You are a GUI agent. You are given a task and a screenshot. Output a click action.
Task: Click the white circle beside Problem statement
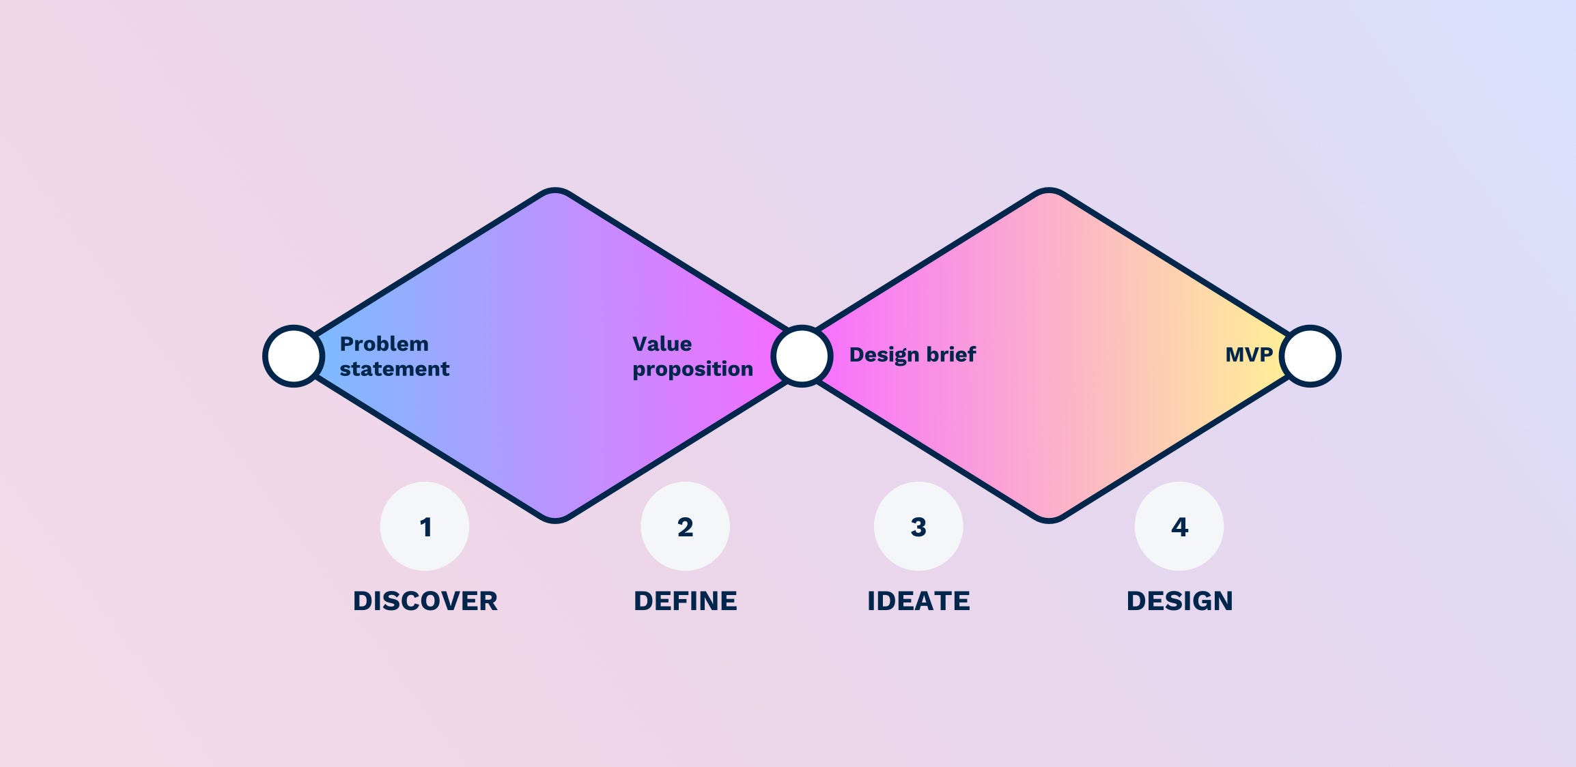pyautogui.click(x=293, y=356)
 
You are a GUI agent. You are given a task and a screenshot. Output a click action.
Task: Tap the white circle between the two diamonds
pyautogui.click(x=802, y=356)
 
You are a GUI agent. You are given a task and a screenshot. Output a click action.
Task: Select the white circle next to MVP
pyautogui.click(x=1310, y=356)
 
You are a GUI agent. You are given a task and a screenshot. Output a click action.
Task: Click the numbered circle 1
pyautogui.click(x=425, y=526)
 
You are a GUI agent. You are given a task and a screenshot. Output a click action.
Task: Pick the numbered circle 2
pyautogui.click(x=685, y=526)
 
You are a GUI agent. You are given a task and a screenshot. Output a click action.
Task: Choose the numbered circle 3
pyautogui.click(x=918, y=526)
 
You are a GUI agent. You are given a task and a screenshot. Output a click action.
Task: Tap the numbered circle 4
pyautogui.click(x=1179, y=526)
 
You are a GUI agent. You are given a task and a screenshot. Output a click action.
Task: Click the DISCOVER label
pyautogui.click(x=425, y=601)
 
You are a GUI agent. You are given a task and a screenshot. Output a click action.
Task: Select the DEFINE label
pyautogui.click(x=685, y=601)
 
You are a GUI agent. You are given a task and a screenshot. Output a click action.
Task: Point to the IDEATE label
pyautogui.click(x=918, y=601)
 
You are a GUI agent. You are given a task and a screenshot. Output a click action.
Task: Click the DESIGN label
pyautogui.click(x=1179, y=601)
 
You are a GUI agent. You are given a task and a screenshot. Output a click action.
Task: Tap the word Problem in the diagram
pyautogui.click(x=384, y=344)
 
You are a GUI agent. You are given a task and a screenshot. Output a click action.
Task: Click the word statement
pyautogui.click(x=395, y=369)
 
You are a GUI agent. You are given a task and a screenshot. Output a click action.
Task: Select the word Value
pyautogui.click(x=662, y=344)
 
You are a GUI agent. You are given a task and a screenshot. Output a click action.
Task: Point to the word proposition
pyautogui.click(x=692, y=369)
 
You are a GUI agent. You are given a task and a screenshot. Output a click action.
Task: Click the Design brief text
pyautogui.click(x=912, y=355)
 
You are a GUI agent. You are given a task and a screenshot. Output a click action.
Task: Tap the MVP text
pyautogui.click(x=1249, y=355)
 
